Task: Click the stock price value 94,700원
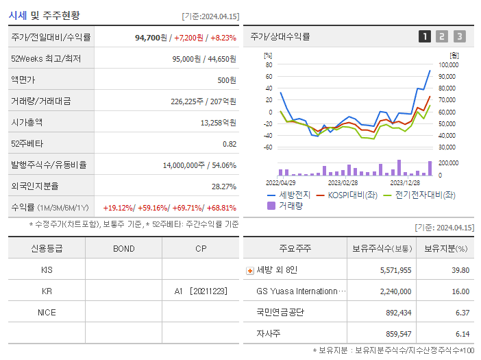pos(151,38)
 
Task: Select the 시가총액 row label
pos(27,122)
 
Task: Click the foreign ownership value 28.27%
pos(223,186)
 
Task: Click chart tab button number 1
pos(425,36)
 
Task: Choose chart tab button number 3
pos(459,36)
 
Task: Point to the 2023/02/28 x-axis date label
pos(343,183)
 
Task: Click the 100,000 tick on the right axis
pos(448,65)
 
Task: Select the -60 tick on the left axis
pos(268,147)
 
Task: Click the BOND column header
pos(123,248)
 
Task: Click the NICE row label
pos(47,312)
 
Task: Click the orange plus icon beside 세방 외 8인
pos(249,270)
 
